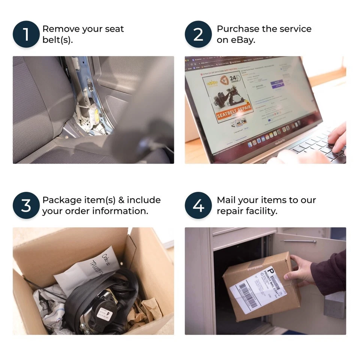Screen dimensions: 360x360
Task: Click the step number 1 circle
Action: [26, 34]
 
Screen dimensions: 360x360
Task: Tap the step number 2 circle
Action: [198, 34]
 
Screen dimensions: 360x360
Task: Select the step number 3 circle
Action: [26, 205]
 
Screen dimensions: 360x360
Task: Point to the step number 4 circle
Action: [198, 205]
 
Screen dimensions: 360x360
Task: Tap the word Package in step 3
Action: [61, 200]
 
